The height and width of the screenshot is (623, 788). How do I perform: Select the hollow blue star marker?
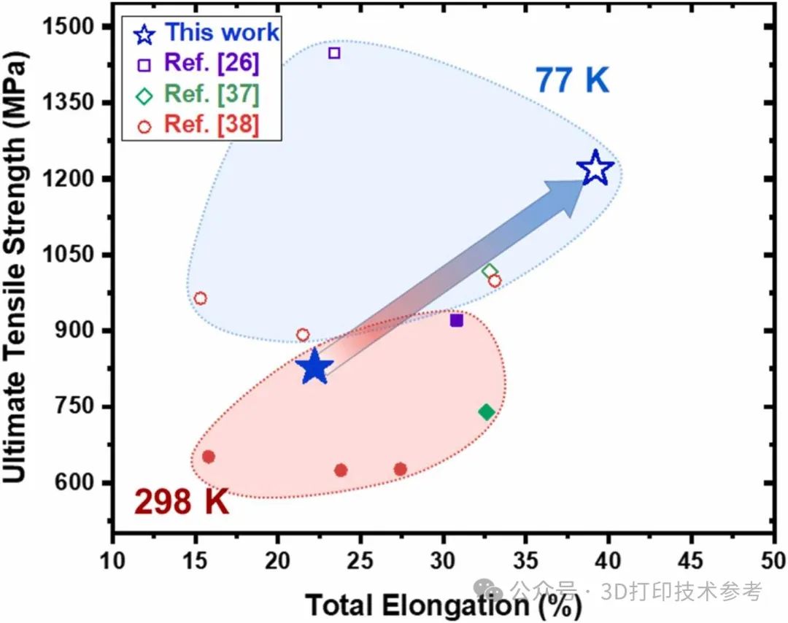pyautogui.click(x=595, y=169)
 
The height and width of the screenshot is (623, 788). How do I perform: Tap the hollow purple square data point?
pyautogui.click(x=334, y=53)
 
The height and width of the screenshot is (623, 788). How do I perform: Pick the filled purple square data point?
pyautogui.click(x=457, y=320)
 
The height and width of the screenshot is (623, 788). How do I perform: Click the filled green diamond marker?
pyautogui.click(x=487, y=412)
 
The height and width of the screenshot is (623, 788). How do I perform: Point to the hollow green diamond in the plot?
pyautogui.click(x=490, y=271)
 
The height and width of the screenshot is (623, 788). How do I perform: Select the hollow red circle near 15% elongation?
pyautogui.click(x=201, y=298)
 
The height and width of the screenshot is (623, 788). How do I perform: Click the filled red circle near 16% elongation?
pyautogui.click(x=208, y=457)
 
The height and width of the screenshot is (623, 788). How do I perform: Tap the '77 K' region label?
pyautogui.click(x=572, y=80)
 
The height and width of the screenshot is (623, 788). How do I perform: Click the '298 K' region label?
pyautogui.click(x=182, y=503)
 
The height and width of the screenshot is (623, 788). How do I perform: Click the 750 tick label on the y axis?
pyautogui.click(x=76, y=407)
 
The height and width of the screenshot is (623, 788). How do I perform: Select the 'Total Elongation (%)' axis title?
pyautogui.click(x=443, y=605)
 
